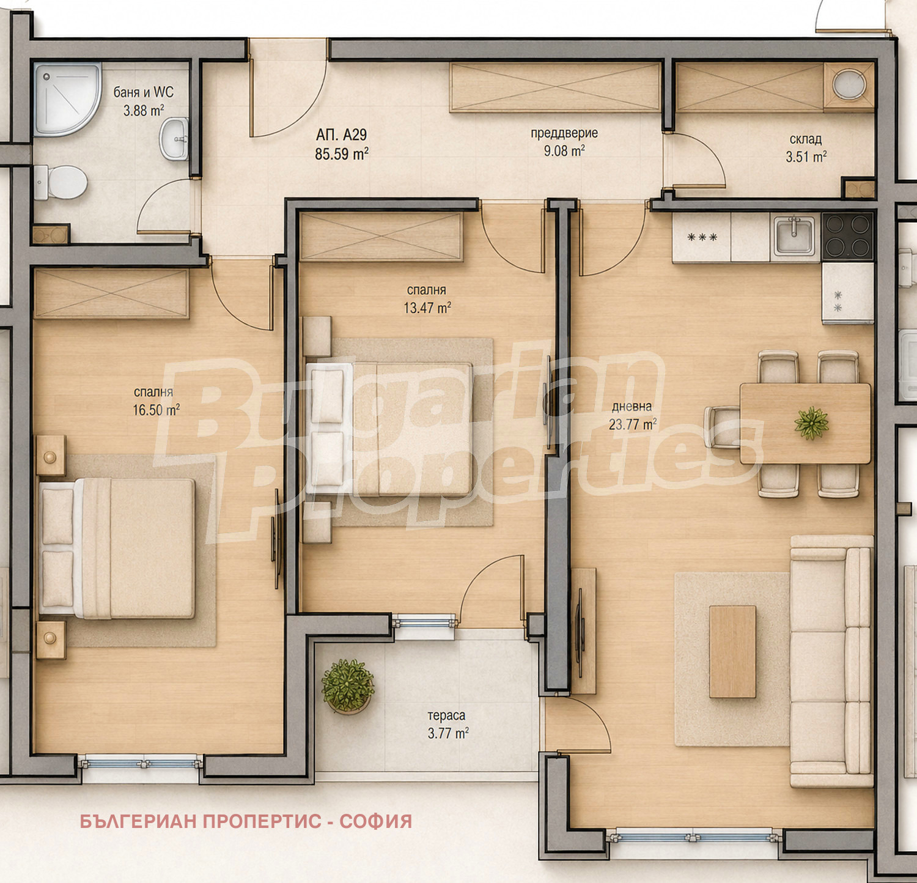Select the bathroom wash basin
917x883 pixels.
coord(175,139)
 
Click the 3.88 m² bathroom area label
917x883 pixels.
coord(144,111)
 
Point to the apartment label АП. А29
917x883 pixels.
coord(341,135)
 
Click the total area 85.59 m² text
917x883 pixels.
coord(342,153)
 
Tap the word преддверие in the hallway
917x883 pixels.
coord(564,133)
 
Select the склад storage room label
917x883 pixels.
coord(805,139)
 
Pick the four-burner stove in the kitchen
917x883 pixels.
coord(847,236)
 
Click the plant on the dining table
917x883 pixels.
coord(811,423)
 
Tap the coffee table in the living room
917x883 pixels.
coord(732,651)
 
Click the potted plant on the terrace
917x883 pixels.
coord(347,685)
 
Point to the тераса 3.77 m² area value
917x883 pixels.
coord(448,733)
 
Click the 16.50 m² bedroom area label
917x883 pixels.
coord(157,410)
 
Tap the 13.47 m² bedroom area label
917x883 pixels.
coord(427,308)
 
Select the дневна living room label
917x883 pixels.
coord(632,406)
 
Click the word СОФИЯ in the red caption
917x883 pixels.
coord(376,821)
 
